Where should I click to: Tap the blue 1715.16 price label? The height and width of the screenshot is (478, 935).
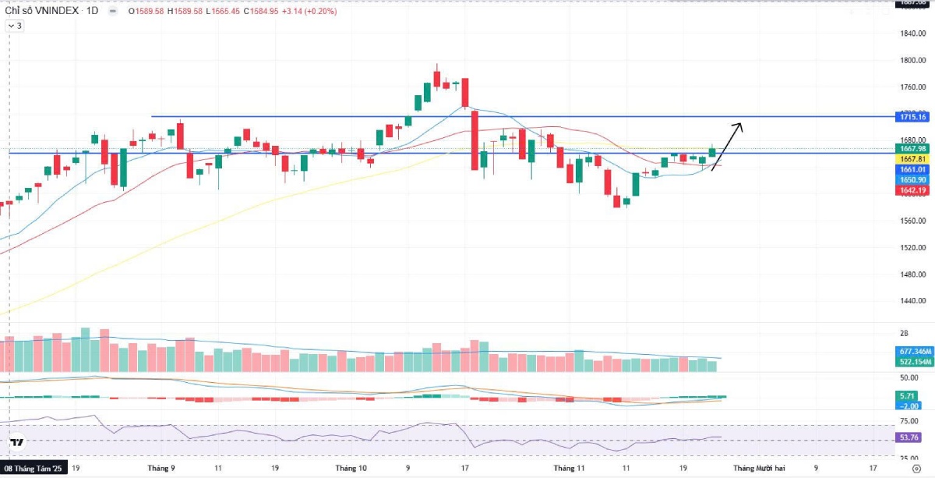(912, 117)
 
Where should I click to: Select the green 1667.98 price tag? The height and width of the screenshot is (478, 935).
(912, 149)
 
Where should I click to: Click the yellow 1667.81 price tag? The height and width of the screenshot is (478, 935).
(912, 159)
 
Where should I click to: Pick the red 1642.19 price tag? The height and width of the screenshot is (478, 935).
(912, 190)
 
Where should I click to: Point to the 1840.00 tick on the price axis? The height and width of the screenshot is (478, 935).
(912, 34)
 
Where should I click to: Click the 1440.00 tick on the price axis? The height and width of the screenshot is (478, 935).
(912, 300)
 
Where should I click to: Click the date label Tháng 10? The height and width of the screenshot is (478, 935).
(351, 469)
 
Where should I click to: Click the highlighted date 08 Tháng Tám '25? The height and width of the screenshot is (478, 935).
(34, 469)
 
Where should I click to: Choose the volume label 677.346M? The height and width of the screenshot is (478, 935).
(914, 352)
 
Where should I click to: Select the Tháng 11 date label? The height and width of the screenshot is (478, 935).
(569, 469)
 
